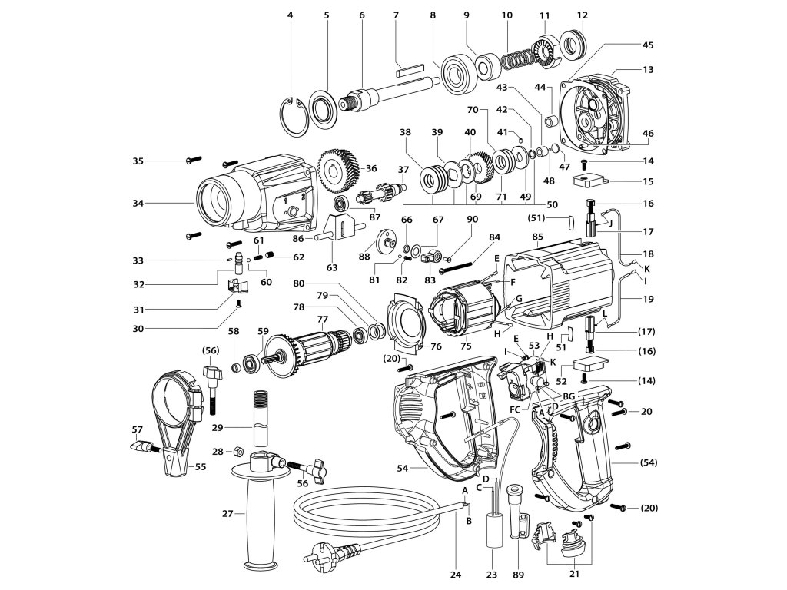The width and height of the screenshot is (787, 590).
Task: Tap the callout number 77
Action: pyautogui.click(x=322, y=319)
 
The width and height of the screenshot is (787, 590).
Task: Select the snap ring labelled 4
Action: pyautogui.click(x=294, y=117)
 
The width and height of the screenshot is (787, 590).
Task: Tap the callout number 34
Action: pyautogui.click(x=138, y=203)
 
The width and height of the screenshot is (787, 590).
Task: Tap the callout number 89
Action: pyautogui.click(x=517, y=575)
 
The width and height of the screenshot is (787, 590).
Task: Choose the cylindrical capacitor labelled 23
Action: pyautogui.click(x=493, y=531)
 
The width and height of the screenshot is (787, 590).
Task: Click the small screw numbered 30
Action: pyautogui.click(x=240, y=303)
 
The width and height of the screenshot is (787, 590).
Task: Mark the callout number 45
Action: pyautogui.click(x=648, y=45)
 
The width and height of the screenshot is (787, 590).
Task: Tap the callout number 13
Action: pyautogui.click(x=648, y=69)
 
